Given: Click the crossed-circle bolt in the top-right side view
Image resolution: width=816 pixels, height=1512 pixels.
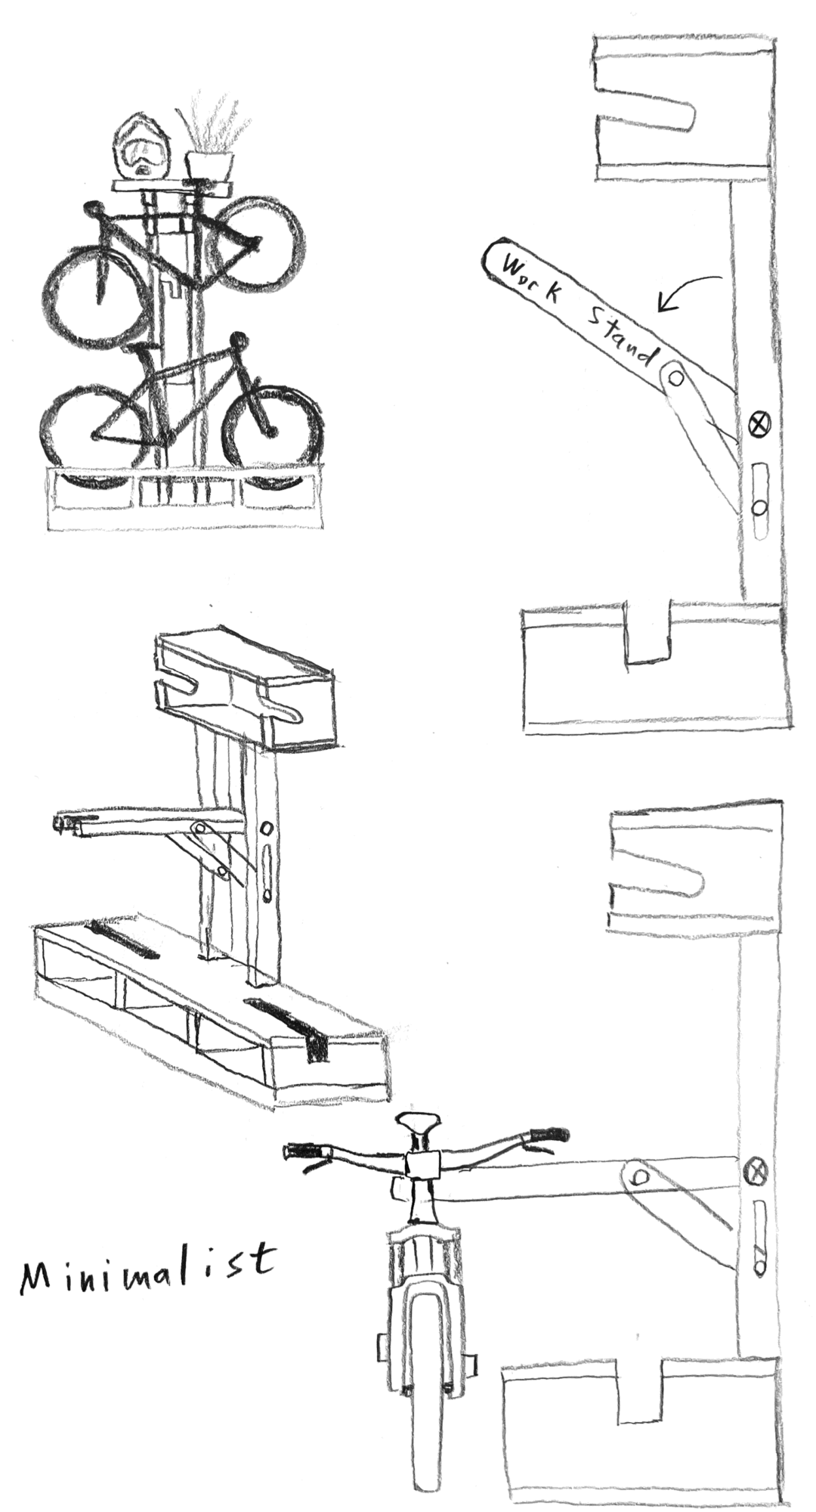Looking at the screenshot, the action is (x=759, y=423).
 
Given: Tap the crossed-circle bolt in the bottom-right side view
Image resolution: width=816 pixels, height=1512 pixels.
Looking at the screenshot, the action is (x=756, y=1173).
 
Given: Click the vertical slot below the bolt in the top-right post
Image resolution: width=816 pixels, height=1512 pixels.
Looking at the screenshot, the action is (x=760, y=500).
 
